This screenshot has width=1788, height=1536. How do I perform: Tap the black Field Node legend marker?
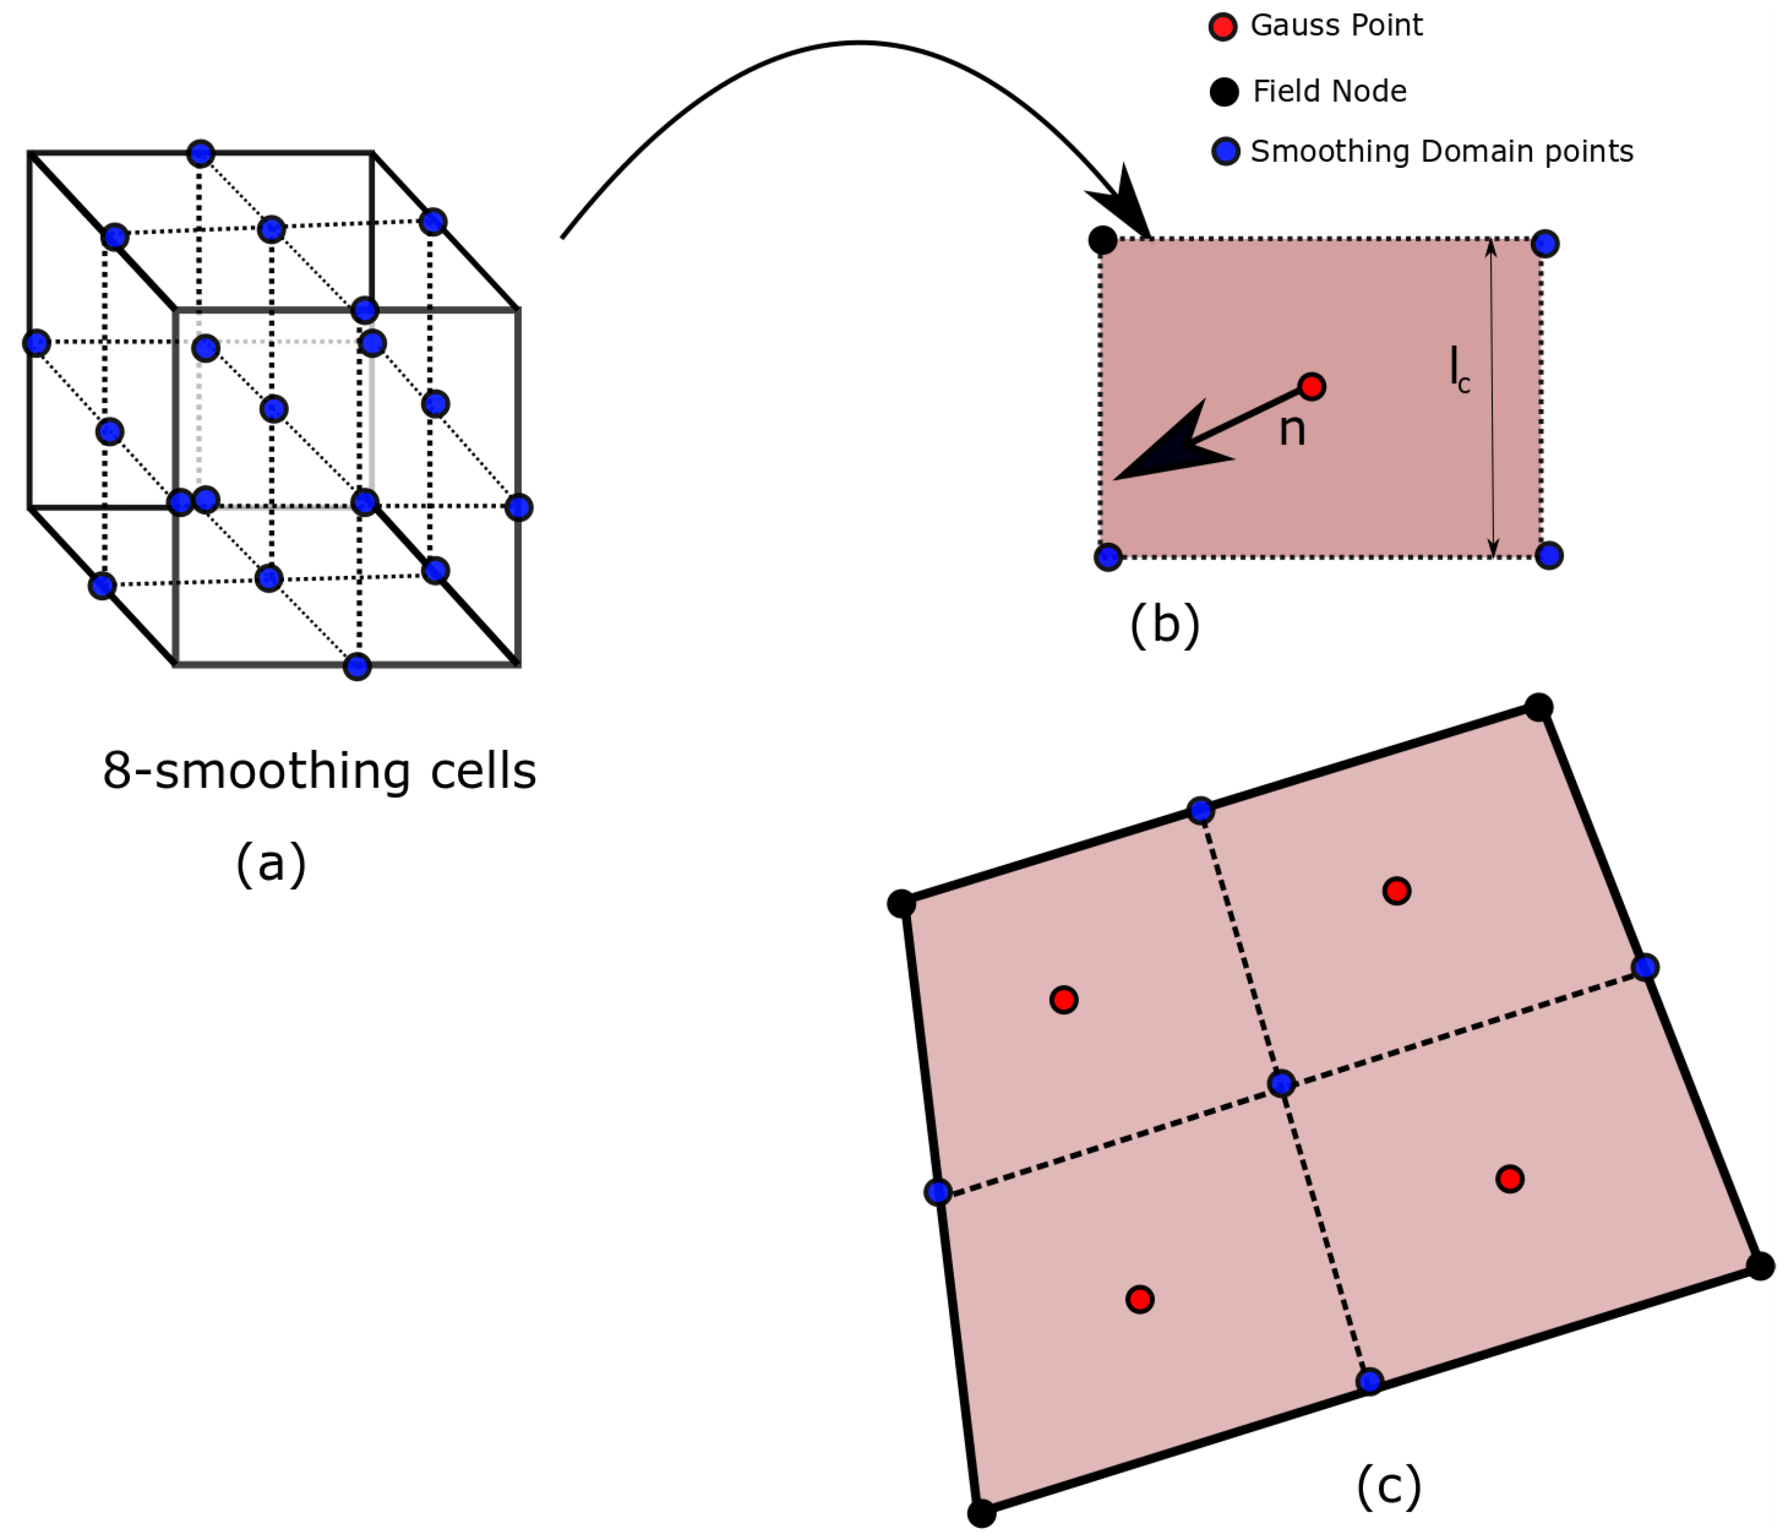(x=1224, y=91)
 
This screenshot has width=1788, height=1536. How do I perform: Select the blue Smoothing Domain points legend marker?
(x=1226, y=151)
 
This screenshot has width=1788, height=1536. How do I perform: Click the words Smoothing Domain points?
(x=1441, y=151)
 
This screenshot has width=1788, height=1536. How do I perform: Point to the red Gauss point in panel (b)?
(x=1311, y=386)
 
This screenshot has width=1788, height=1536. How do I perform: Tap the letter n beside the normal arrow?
(x=1292, y=429)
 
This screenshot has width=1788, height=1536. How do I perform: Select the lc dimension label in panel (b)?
(x=1459, y=369)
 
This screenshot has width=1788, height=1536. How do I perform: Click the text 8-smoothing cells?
(x=319, y=771)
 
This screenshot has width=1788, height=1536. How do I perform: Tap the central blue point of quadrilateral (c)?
(x=1281, y=1083)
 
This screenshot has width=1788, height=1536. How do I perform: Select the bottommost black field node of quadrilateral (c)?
(x=981, y=1513)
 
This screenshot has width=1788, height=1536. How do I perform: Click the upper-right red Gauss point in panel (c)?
(x=1396, y=890)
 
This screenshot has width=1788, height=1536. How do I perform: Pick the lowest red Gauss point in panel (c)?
(x=1140, y=1300)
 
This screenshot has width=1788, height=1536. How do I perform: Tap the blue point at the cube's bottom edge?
(x=357, y=667)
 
